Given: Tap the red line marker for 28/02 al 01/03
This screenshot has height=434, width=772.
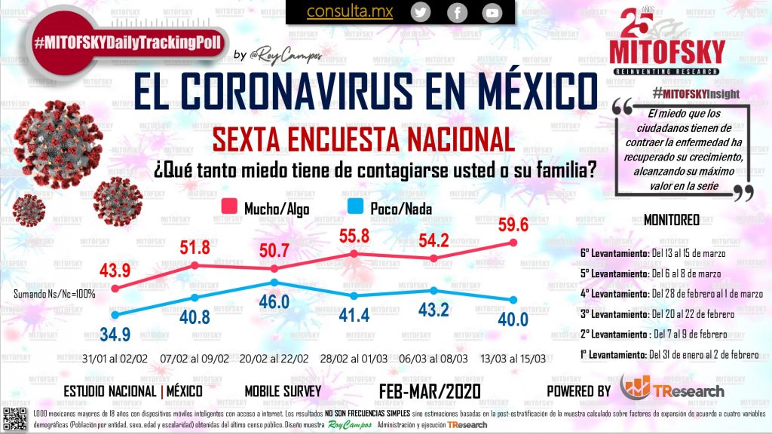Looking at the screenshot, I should pos(354,254).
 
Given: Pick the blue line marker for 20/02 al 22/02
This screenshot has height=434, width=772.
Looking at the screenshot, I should pos(275,283).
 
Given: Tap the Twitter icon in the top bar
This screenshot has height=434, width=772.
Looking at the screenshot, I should pos(421,12).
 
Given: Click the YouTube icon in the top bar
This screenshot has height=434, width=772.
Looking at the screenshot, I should pos(492,12).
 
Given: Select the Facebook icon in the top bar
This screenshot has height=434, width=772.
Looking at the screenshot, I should pos(456,12).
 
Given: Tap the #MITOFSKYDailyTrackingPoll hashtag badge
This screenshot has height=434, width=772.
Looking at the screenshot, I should pos(127,43).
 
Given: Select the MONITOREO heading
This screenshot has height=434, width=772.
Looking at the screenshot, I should pos(671,220).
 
